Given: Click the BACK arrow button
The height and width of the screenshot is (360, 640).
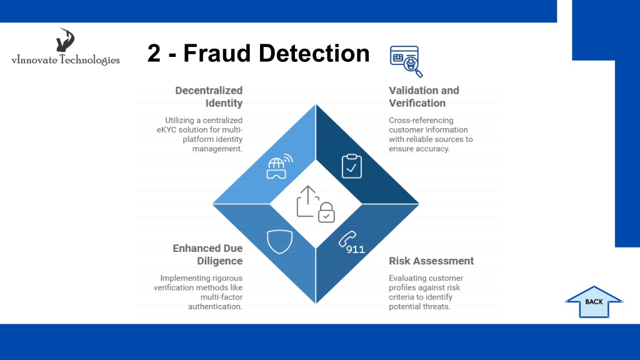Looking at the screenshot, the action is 594,302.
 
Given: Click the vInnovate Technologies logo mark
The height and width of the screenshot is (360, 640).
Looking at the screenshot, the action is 65,39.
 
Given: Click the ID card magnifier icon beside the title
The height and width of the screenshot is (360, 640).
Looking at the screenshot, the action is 406,61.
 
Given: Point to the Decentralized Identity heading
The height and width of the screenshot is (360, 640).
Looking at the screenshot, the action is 209,97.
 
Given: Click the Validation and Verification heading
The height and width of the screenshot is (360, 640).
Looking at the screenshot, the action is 424,97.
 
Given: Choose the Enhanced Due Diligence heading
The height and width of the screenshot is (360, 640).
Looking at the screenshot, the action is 207,254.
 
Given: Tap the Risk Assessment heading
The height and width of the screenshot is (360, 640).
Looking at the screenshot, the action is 431,261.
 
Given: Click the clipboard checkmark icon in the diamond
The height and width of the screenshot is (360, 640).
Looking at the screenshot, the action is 351,166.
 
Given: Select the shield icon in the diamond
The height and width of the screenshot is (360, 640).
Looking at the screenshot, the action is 279,242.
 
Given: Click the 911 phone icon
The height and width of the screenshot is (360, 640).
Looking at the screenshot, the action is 351,243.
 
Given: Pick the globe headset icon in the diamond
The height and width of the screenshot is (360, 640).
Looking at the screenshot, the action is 279,166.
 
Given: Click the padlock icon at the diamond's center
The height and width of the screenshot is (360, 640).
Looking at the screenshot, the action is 326,212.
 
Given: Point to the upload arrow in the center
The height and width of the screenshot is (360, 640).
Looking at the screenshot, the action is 307,201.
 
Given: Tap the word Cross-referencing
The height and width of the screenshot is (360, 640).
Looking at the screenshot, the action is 421,121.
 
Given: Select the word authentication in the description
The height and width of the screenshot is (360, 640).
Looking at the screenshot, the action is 215,306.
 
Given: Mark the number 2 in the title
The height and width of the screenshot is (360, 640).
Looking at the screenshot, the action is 154,53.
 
